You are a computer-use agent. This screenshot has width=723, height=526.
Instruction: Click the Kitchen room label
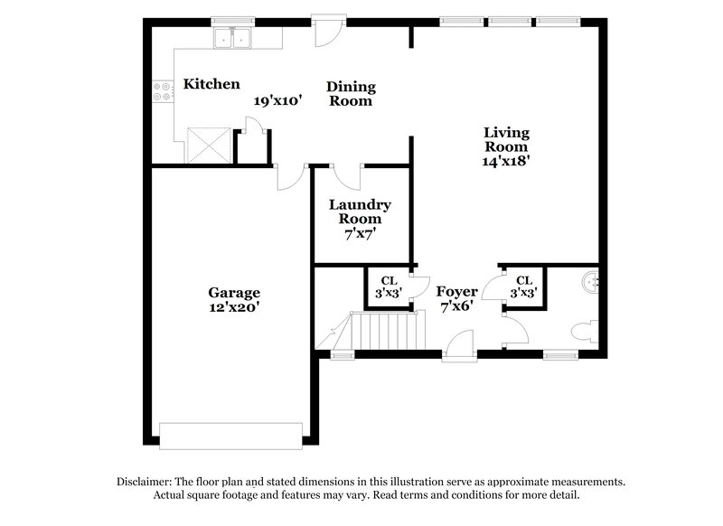click(x=211, y=84)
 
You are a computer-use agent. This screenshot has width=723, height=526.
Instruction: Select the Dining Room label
click(x=350, y=94)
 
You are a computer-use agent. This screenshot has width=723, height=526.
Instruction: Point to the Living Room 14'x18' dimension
click(x=506, y=162)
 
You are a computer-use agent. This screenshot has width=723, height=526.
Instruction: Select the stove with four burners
click(x=164, y=91)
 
